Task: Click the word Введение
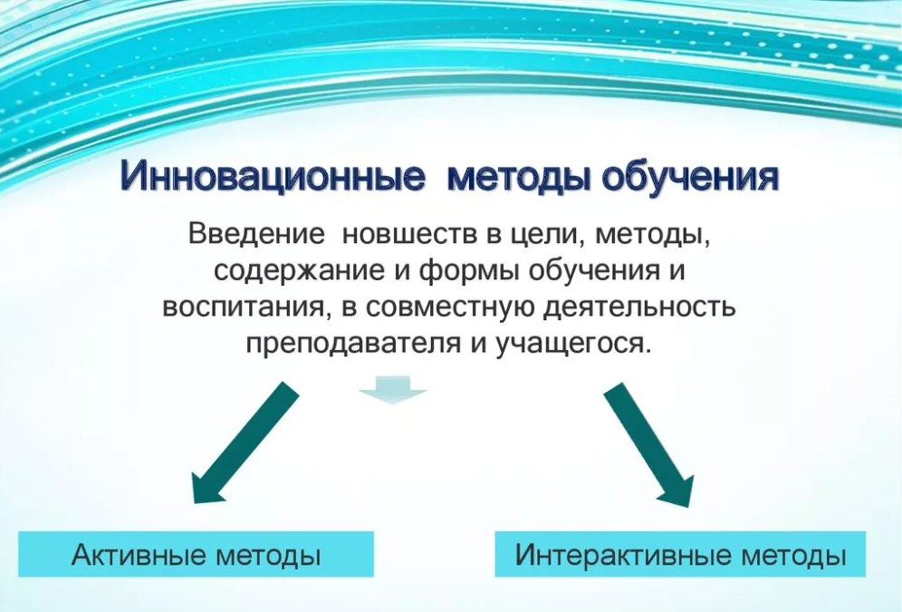point(256,234)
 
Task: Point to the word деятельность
point(639,306)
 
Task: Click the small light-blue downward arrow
point(393,391)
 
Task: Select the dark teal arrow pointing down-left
point(245,442)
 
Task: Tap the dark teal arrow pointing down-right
point(649,445)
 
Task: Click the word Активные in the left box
point(138,555)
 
